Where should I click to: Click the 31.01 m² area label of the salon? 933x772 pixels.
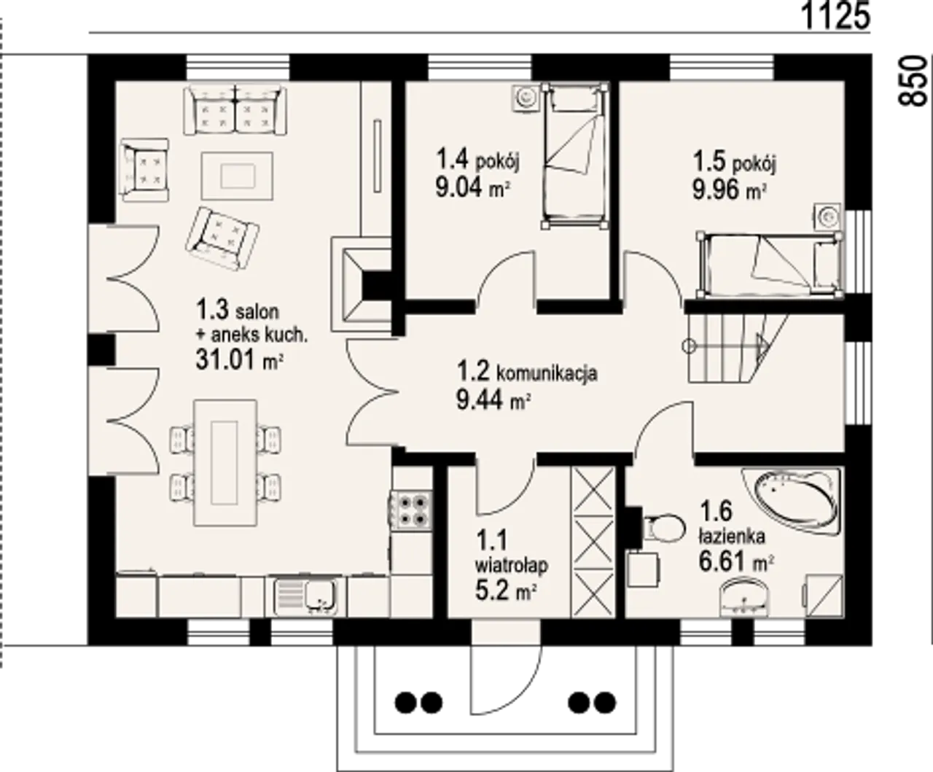coord(240,359)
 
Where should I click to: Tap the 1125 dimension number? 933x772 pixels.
coord(836,17)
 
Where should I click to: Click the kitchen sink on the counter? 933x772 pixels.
coord(305,597)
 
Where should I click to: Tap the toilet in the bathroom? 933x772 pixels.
coord(663,528)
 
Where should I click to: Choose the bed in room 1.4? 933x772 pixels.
coord(577,156)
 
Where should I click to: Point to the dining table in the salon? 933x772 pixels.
coord(225,463)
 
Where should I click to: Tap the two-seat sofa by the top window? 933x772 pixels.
coord(235,110)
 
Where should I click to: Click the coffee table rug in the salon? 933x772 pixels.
coord(238,176)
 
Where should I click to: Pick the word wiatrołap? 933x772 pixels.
coord(511,566)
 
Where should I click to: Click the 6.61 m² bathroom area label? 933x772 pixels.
coord(736,562)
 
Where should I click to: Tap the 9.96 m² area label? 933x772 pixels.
coord(729,190)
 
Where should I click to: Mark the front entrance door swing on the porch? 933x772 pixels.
coord(507,679)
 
